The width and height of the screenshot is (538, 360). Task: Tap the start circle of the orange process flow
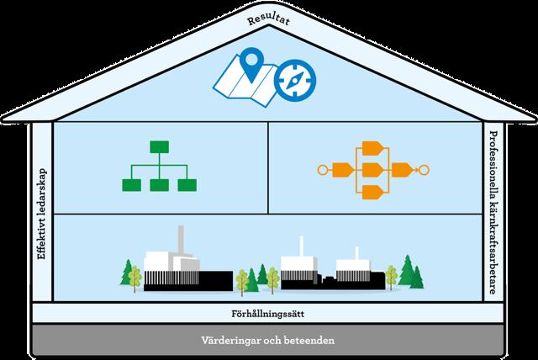point(320,171)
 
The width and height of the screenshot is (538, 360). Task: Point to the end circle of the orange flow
point(425,171)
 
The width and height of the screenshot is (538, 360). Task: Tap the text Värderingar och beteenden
point(269,342)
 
